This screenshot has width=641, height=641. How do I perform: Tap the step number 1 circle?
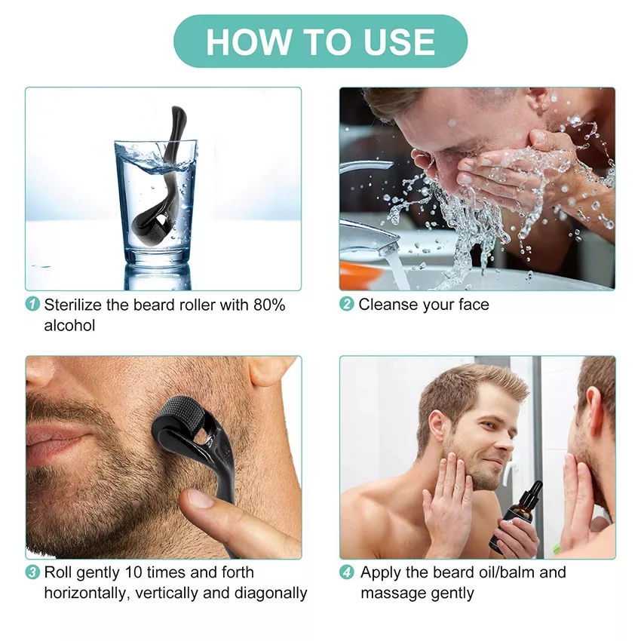click(33, 305)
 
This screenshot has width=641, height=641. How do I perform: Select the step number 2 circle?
click(347, 305)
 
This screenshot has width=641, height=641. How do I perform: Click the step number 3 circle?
click(33, 572)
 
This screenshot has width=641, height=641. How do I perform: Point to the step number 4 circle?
click(347, 572)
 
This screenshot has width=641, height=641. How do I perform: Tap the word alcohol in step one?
click(69, 325)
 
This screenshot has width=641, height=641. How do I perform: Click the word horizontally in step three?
click(86, 593)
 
